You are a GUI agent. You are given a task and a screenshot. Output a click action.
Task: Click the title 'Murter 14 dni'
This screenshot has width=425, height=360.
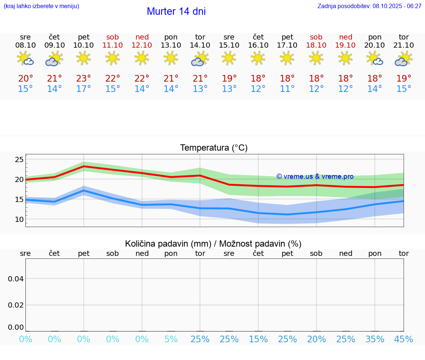176,11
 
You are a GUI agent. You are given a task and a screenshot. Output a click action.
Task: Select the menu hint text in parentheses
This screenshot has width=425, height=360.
41,6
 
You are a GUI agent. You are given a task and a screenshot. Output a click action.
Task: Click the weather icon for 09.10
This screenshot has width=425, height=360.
54,59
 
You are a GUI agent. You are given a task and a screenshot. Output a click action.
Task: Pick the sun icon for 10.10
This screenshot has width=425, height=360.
83,58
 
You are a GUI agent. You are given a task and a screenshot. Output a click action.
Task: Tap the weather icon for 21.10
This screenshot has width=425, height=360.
404,59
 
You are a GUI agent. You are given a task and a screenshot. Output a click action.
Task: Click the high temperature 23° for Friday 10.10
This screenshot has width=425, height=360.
83,79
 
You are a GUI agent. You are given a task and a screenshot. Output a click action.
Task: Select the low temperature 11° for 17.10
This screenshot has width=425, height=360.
287,89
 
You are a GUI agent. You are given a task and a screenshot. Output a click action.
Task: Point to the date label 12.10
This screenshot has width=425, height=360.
142,45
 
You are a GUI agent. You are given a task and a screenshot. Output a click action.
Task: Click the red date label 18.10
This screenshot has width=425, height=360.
316,45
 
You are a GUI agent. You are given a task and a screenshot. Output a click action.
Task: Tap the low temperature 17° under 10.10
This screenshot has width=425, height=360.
83,89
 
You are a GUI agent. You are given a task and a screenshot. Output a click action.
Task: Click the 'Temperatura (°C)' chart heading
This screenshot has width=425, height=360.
214,148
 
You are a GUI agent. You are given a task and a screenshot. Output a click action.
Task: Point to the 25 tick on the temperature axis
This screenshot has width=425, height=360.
19,160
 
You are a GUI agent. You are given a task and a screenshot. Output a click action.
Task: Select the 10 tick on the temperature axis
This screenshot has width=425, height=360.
19,219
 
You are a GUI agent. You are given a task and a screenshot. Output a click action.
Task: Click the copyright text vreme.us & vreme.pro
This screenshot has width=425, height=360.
315,176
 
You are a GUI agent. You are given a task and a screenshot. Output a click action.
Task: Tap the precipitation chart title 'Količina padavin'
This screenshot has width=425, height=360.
213,244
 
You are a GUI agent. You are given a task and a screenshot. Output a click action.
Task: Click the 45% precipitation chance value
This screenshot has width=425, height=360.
404,339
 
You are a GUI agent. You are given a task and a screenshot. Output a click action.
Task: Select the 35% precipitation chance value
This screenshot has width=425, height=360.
375,339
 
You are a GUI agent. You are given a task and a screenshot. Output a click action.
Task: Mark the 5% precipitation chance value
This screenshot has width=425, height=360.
171,339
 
